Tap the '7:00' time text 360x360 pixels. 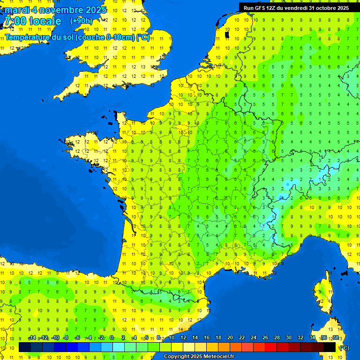click(15, 22)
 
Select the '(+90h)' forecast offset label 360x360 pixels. click(82, 21)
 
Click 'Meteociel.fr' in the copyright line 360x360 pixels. click(219, 357)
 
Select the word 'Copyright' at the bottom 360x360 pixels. click(176, 357)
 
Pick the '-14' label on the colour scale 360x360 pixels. click(32, 338)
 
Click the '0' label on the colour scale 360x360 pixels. click(112, 338)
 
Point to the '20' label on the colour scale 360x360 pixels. click(230, 338)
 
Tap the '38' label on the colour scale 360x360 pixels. click(335, 338)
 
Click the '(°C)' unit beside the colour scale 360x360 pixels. click(344, 348)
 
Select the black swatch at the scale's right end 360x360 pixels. click(330, 347)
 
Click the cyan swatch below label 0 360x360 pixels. click(119, 347)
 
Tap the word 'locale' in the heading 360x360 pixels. click(45, 22)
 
